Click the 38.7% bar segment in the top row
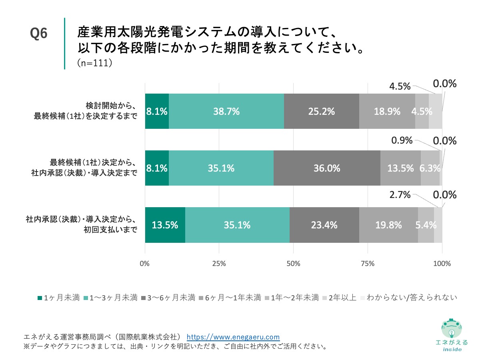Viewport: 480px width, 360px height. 226,112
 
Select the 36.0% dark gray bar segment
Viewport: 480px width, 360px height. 327,168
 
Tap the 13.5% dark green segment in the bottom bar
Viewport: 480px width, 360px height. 165,225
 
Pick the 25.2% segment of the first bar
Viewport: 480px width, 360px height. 321,112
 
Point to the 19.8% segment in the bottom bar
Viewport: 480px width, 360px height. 388,225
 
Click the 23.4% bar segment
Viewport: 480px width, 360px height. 324,225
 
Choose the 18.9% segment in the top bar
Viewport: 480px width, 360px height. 387,112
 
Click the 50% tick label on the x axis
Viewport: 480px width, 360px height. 293,264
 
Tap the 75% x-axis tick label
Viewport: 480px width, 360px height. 368,264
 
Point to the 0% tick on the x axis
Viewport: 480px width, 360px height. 144,264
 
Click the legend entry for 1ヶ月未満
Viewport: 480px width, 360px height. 58,298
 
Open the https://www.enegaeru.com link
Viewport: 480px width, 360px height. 233,337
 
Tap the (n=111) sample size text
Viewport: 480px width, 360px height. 93,63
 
